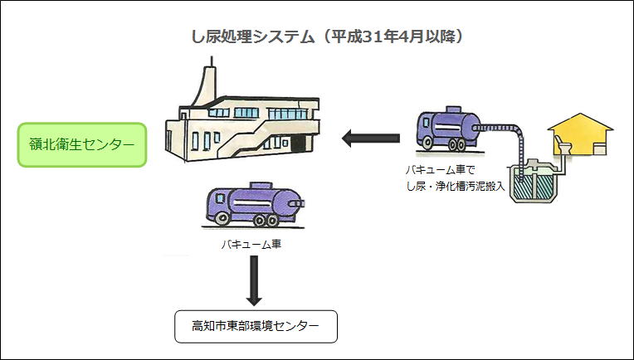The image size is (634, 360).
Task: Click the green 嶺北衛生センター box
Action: click(82, 144)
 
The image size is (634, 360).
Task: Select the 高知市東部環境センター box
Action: click(256, 327)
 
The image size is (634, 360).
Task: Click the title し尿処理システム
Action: click(253, 37)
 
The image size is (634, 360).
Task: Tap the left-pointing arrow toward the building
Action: click(371, 139)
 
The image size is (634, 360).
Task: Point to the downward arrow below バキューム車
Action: click(254, 280)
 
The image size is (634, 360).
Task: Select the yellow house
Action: click(580, 134)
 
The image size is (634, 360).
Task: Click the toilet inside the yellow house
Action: click(563, 144)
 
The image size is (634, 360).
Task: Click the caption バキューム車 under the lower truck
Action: click(251, 244)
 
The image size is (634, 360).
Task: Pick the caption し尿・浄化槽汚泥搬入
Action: click(456, 187)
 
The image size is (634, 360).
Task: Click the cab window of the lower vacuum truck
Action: click(220, 198)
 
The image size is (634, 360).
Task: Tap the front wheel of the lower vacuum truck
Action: click(222, 219)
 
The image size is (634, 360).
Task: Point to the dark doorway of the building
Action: click(298, 144)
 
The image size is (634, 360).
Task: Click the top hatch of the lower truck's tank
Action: click(261, 186)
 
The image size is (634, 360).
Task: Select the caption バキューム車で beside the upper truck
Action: click(440, 170)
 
